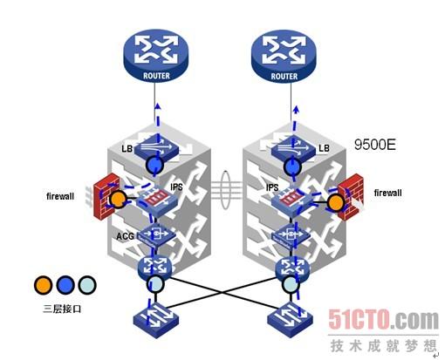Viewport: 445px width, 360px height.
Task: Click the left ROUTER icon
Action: [x=156, y=55]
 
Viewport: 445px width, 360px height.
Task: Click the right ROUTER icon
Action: [x=284, y=55]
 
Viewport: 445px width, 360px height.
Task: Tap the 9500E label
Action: [x=375, y=145]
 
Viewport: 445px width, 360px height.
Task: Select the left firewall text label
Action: [x=60, y=196]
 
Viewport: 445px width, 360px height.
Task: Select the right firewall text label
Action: [x=387, y=193]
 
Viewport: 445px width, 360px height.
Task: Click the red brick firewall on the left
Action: [x=106, y=196]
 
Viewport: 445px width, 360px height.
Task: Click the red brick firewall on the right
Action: [x=351, y=197]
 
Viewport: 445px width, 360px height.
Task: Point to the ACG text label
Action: [x=125, y=236]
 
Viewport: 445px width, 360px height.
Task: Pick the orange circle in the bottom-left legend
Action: [x=43, y=285]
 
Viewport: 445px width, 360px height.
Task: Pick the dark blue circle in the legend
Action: [x=65, y=285]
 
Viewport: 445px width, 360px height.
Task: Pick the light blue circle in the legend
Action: [x=87, y=286]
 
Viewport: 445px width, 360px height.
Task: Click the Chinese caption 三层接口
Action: [x=62, y=309]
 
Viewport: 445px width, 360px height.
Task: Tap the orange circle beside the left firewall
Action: [x=118, y=199]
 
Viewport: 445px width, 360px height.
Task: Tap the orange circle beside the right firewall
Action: [x=336, y=203]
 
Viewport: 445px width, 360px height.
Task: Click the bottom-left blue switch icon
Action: [x=156, y=320]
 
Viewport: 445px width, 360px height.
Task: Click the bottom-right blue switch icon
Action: [x=290, y=320]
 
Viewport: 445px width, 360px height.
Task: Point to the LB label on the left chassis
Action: [x=127, y=149]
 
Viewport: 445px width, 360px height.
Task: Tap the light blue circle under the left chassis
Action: [x=155, y=284]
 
